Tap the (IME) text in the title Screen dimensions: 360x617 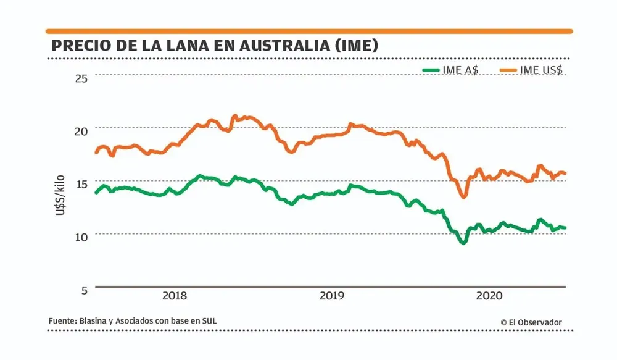click(x=355, y=46)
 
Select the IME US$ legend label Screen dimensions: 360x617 click(x=541, y=70)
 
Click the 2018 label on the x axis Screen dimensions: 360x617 click(x=174, y=296)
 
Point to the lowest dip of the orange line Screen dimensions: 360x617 click(x=463, y=196)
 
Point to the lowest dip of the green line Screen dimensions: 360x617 click(x=463, y=243)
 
